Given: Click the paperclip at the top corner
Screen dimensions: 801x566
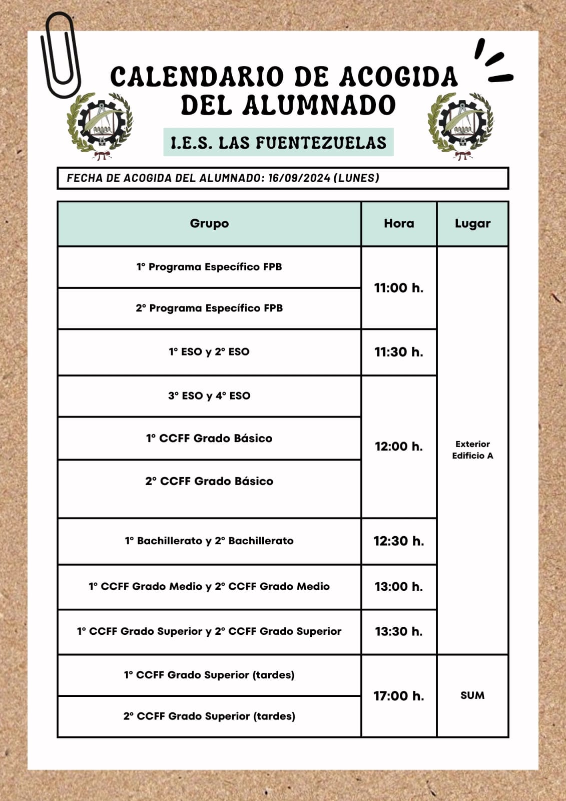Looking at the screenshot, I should pyautogui.click(x=60, y=55).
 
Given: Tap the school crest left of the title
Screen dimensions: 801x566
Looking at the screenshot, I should pyautogui.click(x=101, y=126).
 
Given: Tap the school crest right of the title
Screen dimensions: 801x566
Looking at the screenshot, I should pyautogui.click(x=461, y=126).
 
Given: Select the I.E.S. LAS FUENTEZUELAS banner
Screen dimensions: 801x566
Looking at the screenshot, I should pyautogui.click(x=278, y=143).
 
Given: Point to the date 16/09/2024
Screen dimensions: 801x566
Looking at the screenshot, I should pyautogui.click(x=299, y=178).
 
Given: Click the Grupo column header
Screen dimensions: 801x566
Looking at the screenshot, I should pyautogui.click(x=209, y=224).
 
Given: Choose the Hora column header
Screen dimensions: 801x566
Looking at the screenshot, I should pyautogui.click(x=399, y=224).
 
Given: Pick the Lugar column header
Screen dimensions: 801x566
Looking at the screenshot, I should pyautogui.click(x=472, y=224).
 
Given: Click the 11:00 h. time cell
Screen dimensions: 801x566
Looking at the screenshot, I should pyautogui.click(x=399, y=288).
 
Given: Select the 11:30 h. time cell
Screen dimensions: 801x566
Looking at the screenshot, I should pyautogui.click(x=399, y=352).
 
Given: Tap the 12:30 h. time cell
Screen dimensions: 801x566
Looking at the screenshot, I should pyautogui.click(x=399, y=541).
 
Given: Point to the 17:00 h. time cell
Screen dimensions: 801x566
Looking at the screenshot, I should pyautogui.click(x=399, y=696).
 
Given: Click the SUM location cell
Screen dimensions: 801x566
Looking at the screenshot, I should pyautogui.click(x=472, y=695).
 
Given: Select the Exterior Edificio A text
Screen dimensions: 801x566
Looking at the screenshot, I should pyautogui.click(x=472, y=450).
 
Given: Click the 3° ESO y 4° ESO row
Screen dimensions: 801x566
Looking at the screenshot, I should pyautogui.click(x=209, y=395).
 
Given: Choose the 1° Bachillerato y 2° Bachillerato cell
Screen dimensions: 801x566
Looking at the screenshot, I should pyautogui.click(x=209, y=541).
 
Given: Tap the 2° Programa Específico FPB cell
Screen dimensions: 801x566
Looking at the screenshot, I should pyautogui.click(x=209, y=308).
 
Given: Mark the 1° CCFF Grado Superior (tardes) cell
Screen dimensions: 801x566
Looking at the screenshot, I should pyautogui.click(x=209, y=675).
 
